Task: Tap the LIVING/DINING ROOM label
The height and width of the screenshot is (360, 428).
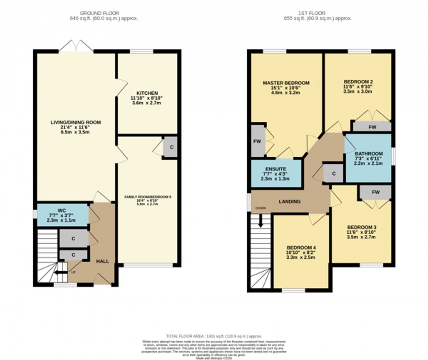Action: click(75, 123)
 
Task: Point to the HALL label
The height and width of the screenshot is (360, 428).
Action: click(103, 261)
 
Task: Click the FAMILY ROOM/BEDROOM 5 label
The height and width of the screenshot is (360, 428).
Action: click(148, 197)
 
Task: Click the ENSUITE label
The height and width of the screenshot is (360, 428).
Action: click(275, 169)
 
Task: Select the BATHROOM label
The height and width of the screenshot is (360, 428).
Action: click(369, 154)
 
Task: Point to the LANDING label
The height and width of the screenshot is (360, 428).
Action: click(290, 201)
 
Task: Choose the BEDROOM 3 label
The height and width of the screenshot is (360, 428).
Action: click(362, 227)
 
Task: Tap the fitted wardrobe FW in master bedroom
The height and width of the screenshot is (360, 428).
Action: click(257, 142)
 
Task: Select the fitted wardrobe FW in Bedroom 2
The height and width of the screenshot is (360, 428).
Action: click(372, 127)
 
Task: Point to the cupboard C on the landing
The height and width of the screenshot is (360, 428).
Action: click(334, 173)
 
